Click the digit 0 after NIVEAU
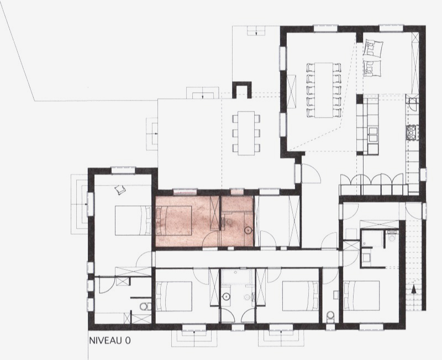click(128, 341)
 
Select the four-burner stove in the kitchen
click(411, 133)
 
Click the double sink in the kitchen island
click(373, 134)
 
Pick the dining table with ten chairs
click(324, 90)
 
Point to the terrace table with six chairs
click(246, 133)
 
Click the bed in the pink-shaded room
click(174, 220)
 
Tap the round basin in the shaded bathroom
click(248, 231)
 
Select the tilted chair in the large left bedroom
click(120, 189)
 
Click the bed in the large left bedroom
click(133, 220)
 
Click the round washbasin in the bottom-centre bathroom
click(226, 297)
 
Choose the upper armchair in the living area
click(374, 49)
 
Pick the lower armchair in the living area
click(372, 68)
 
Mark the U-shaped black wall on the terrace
click(241, 89)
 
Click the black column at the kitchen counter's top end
click(360, 99)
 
